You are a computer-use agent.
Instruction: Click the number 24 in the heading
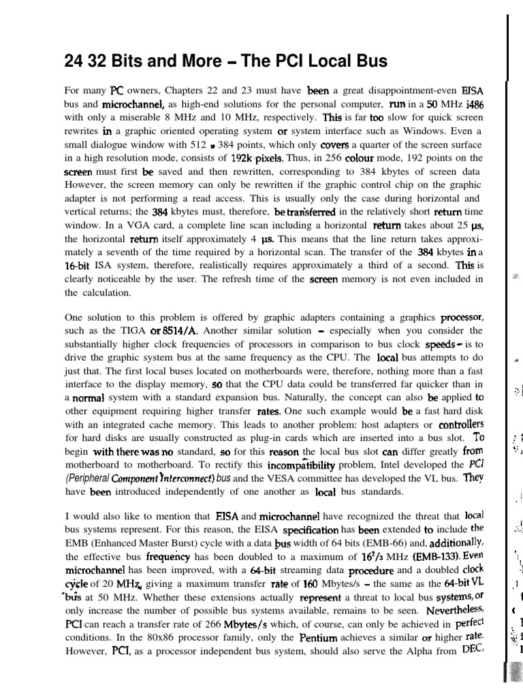73,62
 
